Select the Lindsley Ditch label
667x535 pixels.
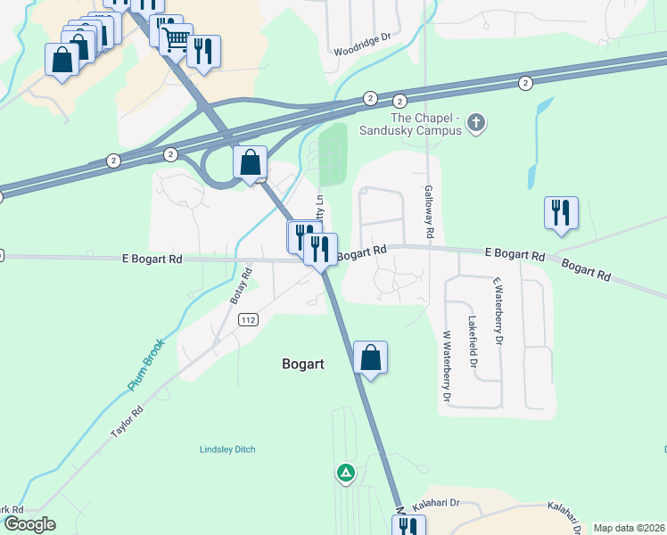[227, 449]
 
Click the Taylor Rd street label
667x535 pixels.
[127, 422]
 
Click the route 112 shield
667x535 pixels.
[249, 320]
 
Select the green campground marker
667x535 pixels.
[345, 472]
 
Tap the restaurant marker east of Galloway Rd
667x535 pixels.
[561, 213]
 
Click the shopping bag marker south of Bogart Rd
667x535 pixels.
[370, 358]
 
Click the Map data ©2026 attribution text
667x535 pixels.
[629, 528]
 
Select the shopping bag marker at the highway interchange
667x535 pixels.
[251, 163]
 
